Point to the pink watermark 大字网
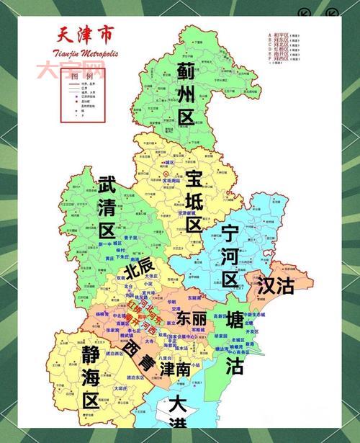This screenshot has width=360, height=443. pyautogui.click(x=71, y=70)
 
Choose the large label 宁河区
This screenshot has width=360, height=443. pyautogui.click(x=230, y=255)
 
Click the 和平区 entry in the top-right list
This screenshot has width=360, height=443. pyautogui.click(x=280, y=34)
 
